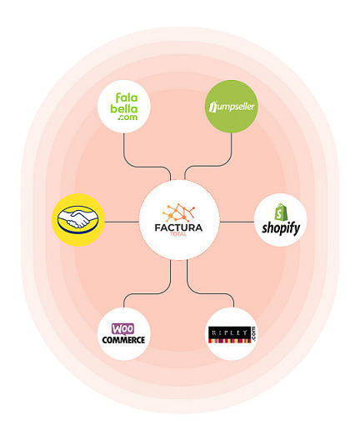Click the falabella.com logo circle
click(123, 107)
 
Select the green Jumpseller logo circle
click(232, 107)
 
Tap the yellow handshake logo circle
click(78, 220)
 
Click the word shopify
click(281, 228)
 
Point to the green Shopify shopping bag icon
click(281, 212)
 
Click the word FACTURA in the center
click(178, 227)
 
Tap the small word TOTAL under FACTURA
click(178, 234)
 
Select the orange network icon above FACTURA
click(178, 212)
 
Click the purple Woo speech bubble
click(122, 329)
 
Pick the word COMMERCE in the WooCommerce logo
click(123, 340)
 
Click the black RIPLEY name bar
click(229, 332)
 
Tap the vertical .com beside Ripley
click(253, 334)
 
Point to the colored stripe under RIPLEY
click(229, 341)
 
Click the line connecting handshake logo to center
click(122, 222)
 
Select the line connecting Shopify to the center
click(237, 222)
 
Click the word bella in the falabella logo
click(123, 108)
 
